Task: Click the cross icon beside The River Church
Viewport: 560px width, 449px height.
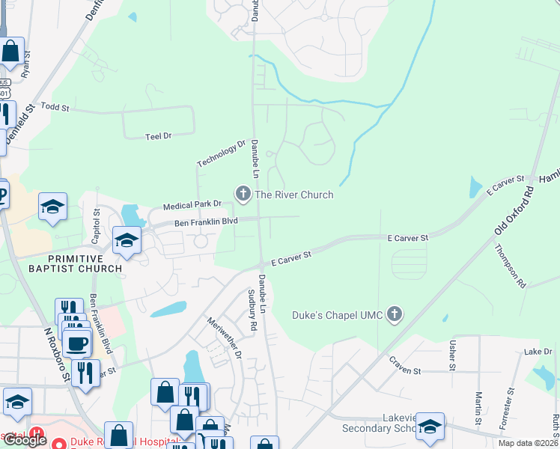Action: click(243, 194)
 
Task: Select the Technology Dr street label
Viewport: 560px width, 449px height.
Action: click(221, 153)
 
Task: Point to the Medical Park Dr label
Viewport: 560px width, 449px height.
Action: click(193, 204)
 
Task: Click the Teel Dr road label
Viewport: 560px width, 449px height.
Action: click(158, 135)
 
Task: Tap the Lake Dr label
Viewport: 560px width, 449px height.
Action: click(538, 352)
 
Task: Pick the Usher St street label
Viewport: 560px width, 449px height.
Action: click(452, 355)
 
